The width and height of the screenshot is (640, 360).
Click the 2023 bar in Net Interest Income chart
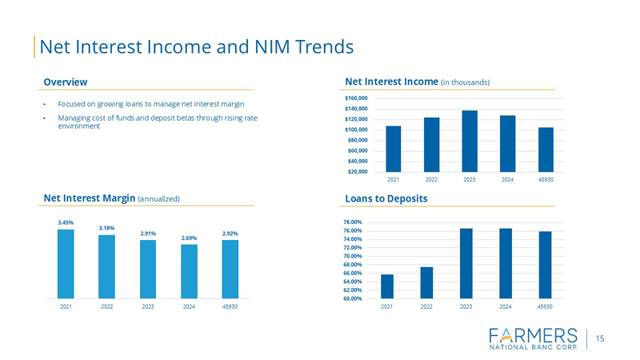470,141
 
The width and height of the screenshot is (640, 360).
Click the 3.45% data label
65,222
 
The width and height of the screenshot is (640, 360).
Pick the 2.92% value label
230,233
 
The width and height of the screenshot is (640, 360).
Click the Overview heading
66,82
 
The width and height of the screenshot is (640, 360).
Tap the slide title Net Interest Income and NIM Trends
197,46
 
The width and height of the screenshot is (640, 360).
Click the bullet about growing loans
150,105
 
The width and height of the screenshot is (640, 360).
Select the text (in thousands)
465,82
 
